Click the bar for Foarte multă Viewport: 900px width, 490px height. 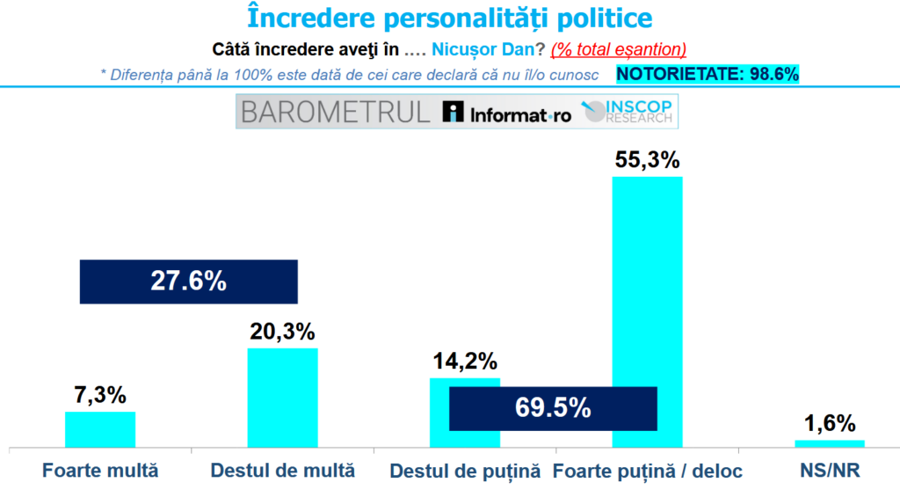point(100,429)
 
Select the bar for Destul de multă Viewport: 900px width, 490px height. point(282,397)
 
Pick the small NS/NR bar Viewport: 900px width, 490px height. point(829,443)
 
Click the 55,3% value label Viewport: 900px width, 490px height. point(647,161)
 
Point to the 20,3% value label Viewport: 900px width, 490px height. point(282,333)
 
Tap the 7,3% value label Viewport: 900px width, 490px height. point(100,396)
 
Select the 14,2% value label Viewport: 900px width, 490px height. point(464,362)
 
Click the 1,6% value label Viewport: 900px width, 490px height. point(829,423)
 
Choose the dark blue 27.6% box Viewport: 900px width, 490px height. point(189,282)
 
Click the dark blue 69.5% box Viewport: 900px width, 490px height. point(553,408)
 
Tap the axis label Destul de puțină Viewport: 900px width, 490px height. point(463,470)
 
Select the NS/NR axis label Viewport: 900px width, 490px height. point(829,470)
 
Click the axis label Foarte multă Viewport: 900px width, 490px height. point(101,470)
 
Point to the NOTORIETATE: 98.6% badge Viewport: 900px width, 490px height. point(708,75)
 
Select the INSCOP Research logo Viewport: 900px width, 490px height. point(620,112)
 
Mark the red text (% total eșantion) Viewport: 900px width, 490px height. point(619,49)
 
